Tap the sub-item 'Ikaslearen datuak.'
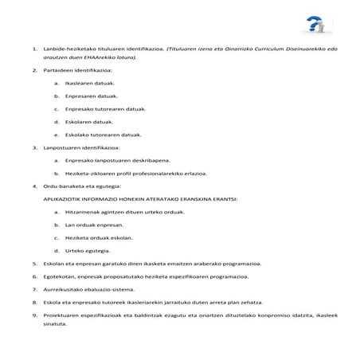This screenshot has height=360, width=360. (x=90, y=82)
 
